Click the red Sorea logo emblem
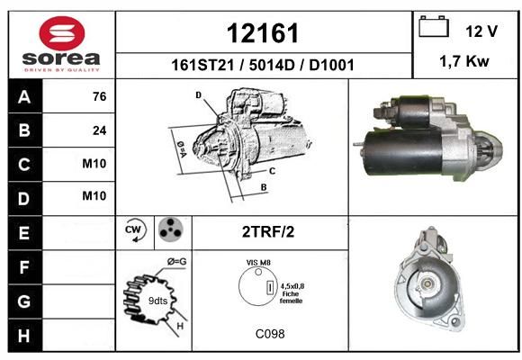coord(62,33)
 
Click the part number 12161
coord(263,33)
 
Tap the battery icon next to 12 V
coord(434,26)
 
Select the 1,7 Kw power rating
coord(464,61)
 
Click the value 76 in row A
coord(100,96)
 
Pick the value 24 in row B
coord(100,130)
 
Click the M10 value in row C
coord(94,164)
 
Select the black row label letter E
coord(24,233)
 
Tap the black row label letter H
coord(24,336)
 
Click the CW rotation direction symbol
coord(135,230)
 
